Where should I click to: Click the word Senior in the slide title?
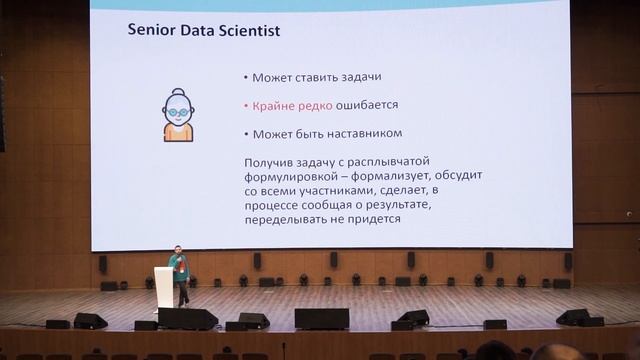[150, 31]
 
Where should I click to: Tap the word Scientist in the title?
[246, 31]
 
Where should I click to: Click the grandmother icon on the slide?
[178, 115]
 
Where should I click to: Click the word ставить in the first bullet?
[316, 77]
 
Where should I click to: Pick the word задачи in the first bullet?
[362, 77]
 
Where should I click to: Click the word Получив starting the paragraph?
[270, 161]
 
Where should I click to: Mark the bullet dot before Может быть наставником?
[245, 133]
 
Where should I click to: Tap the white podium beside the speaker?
[163, 287]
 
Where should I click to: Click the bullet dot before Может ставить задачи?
[245, 77]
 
